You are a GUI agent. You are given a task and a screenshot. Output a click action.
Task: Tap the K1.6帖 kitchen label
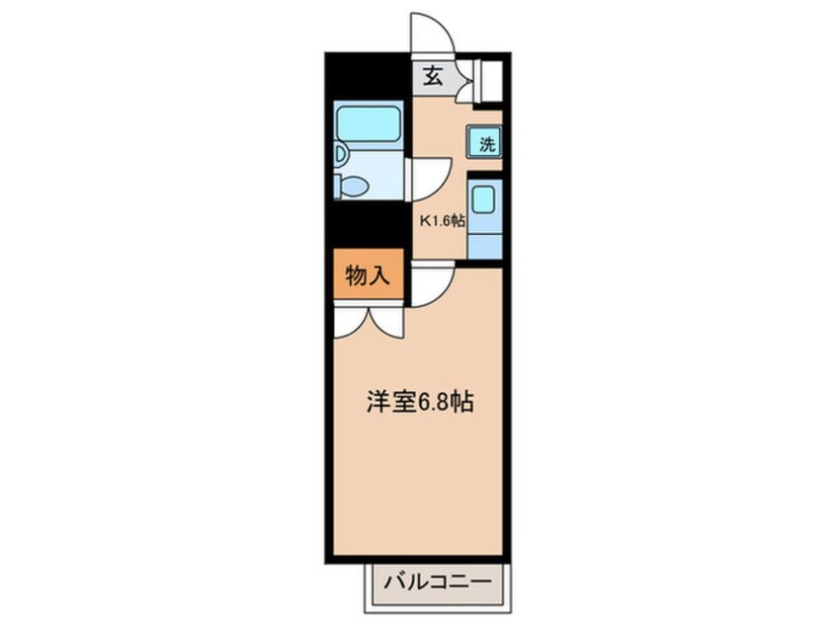443,221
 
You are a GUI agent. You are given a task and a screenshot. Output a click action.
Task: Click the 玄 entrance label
433,75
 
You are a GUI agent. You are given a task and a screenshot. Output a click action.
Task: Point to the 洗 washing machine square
486,143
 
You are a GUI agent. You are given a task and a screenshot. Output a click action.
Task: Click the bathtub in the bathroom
368,125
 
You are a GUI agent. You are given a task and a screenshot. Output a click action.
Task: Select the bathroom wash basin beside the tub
339,154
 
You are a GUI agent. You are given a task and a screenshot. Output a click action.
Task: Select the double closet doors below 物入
368,320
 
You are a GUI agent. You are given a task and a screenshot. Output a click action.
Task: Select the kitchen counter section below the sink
484,241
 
